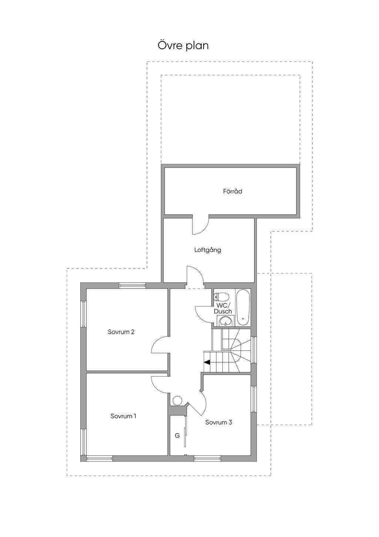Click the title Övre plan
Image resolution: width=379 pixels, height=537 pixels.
(183, 46)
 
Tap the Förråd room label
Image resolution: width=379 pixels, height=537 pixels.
(232, 191)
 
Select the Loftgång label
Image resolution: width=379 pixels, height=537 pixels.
(208, 250)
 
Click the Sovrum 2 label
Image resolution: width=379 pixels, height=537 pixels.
(121, 332)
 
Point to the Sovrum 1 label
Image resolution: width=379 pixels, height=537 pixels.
(123, 416)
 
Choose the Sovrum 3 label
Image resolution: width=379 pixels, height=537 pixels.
(219, 422)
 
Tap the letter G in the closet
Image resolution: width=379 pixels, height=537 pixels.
(177, 435)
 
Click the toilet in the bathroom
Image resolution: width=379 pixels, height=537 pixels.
(222, 297)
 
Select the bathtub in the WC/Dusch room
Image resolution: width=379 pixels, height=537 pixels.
(243, 307)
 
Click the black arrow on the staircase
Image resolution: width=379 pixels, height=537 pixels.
(207, 362)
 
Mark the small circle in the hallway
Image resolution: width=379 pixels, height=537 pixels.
(177, 400)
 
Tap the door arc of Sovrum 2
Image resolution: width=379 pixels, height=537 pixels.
(160, 345)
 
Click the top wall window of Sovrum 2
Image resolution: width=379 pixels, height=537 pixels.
(132, 285)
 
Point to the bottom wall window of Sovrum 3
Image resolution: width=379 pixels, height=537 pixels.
(207, 458)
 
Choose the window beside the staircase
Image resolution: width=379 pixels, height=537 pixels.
(254, 350)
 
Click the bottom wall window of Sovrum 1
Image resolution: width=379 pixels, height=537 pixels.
(99, 458)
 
